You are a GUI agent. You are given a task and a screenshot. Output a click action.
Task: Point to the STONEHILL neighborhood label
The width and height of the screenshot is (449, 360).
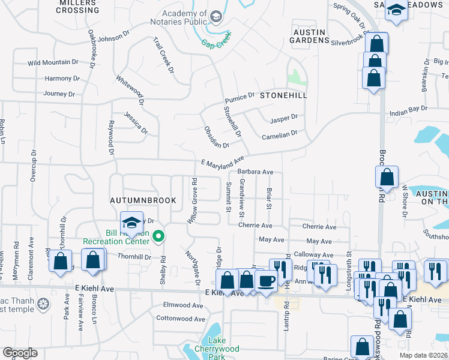283,95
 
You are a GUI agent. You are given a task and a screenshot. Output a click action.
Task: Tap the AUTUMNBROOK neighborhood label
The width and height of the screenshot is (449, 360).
142,200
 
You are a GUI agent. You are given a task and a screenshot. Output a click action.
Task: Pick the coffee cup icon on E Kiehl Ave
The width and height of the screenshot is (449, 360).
266,280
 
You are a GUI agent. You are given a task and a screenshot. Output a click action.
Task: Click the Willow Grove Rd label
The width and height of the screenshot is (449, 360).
193,200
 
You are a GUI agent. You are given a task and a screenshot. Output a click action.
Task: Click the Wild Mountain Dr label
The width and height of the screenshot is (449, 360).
53,62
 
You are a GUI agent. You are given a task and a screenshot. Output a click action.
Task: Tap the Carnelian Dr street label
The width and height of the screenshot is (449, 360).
280,137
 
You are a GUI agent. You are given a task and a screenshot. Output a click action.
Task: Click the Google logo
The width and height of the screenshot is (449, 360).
20,353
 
